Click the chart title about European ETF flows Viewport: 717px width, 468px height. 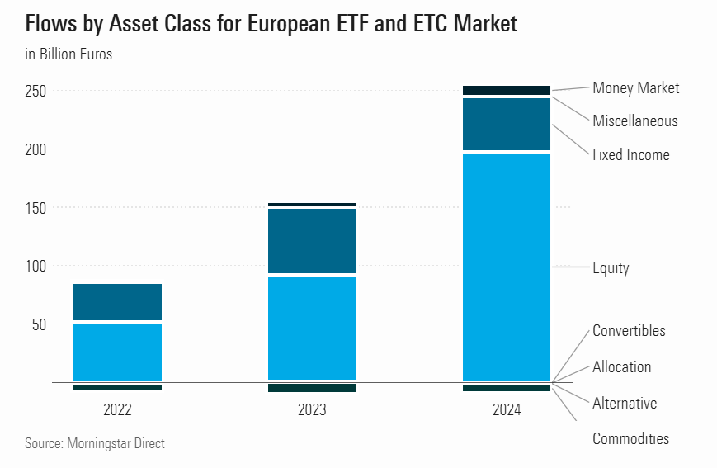coord(271,24)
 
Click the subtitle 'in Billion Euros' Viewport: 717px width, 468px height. coord(68,55)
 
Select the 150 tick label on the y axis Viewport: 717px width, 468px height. coord(36,208)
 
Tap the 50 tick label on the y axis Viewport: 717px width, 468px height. coord(40,324)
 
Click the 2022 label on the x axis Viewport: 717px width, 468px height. coord(117,409)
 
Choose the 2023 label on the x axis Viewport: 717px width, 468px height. coord(312,409)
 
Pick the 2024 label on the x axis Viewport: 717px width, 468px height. coord(507,409)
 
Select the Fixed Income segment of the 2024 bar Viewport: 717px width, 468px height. coord(507,124)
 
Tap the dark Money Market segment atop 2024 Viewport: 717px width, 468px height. coord(507,90)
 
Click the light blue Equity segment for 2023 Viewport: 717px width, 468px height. coord(312,327)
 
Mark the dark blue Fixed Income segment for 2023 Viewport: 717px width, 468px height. coord(312,240)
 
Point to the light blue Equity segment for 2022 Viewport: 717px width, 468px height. coord(117,351)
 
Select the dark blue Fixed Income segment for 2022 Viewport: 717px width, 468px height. coord(117,302)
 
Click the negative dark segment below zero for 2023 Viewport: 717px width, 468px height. coord(312,388)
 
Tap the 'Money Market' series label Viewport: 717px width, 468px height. coord(635,88)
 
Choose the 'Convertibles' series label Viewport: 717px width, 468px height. coord(629,331)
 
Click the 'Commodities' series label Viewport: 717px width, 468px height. coord(630,439)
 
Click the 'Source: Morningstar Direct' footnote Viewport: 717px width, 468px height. coord(95,444)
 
